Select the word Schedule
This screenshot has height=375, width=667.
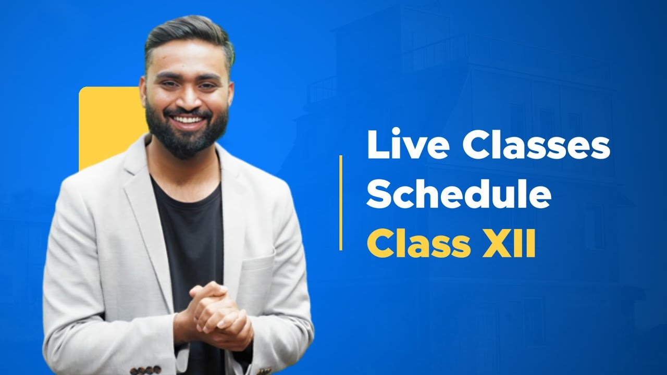[459, 194]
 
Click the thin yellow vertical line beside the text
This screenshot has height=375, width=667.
[341, 202]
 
